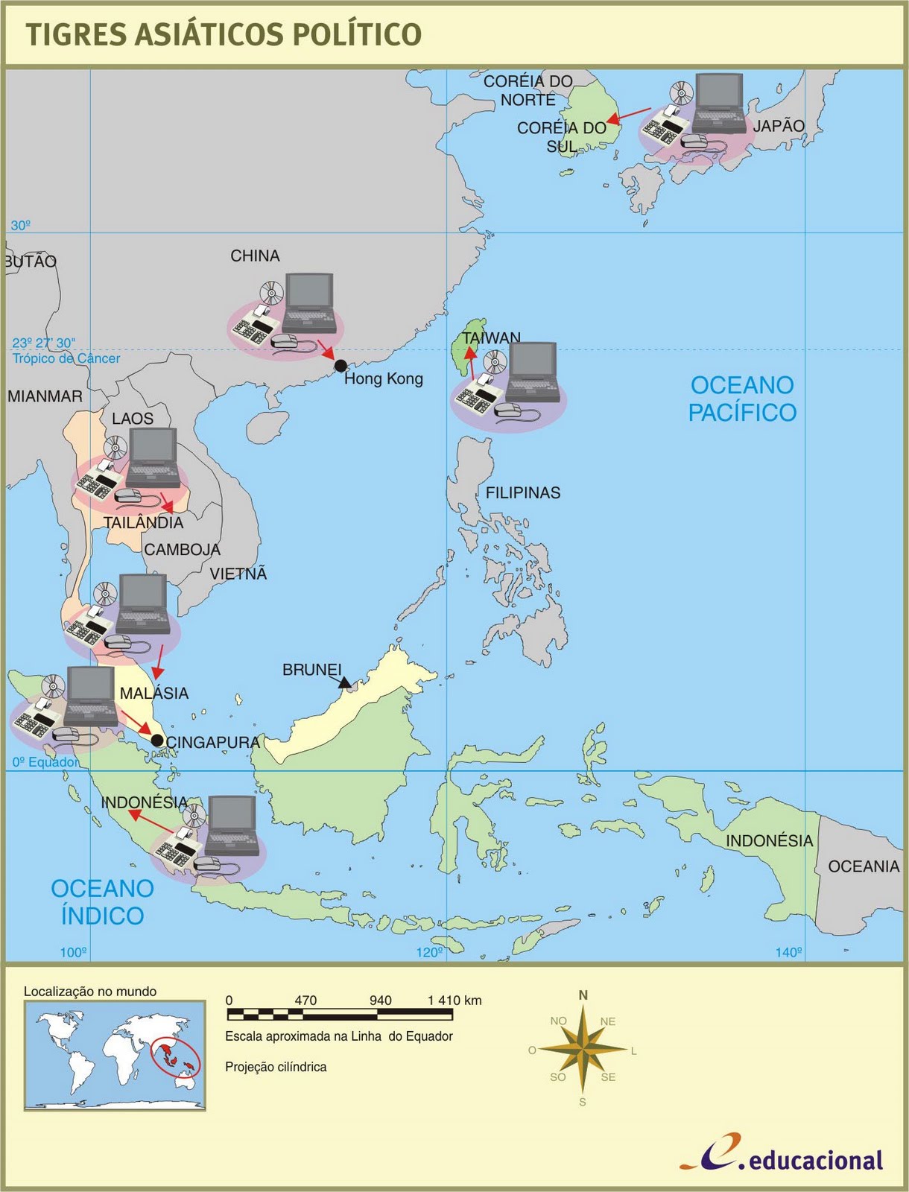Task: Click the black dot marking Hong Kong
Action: click(x=341, y=366)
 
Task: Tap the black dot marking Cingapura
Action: click(x=157, y=741)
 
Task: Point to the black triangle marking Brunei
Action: click(x=344, y=682)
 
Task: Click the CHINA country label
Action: click(x=255, y=256)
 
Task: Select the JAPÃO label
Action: click(x=779, y=126)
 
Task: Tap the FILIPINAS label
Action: click(x=523, y=493)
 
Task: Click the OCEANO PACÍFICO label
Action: click(x=742, y=399)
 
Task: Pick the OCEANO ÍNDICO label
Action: click(x=102, y=901)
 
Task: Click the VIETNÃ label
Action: click(x=238, y=574)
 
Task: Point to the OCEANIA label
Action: click(x=864, y=866)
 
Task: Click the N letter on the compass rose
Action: click(x=583, y=995)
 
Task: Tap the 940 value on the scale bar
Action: click(x=380, y=1001)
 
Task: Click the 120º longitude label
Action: click(x=429, y=952)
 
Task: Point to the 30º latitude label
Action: click(x=20, y=225)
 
